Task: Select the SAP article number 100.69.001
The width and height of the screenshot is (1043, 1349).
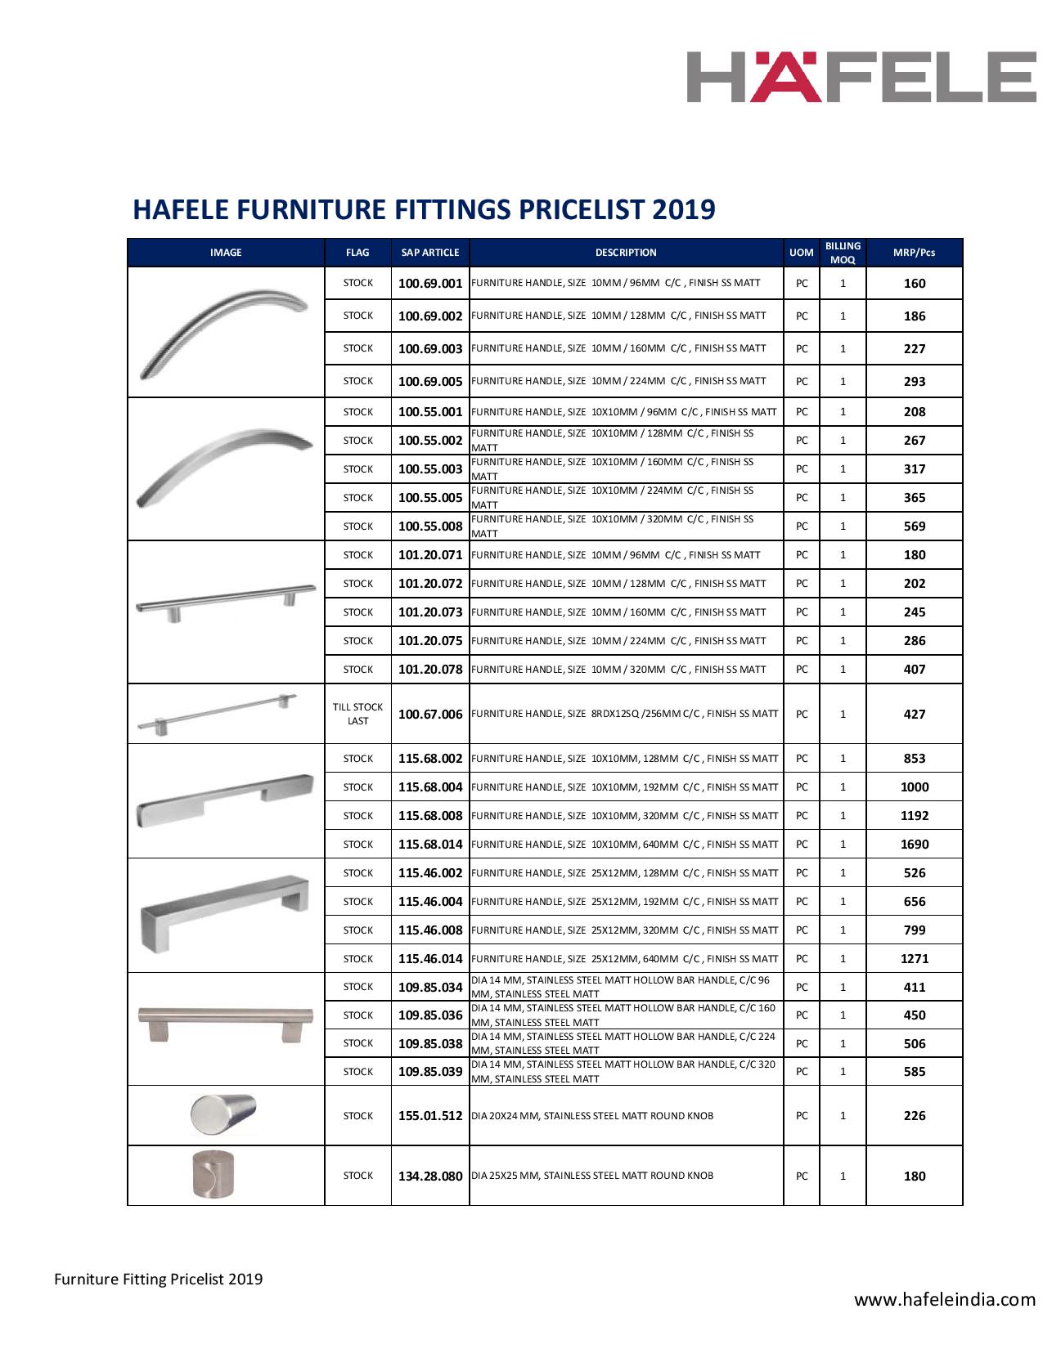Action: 430,284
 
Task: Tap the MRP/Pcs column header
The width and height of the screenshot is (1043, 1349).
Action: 914,253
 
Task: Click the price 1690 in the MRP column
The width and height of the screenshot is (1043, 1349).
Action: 914,845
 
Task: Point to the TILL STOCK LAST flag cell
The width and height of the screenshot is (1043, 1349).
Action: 357,714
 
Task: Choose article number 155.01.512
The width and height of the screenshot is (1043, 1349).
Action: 430,1116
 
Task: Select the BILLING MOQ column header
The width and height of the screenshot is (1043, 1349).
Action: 843,253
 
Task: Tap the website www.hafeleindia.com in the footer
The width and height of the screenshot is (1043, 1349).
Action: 945,1299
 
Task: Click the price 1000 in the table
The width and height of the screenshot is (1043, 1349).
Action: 914,787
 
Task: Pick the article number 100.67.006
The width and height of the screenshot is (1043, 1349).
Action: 430,714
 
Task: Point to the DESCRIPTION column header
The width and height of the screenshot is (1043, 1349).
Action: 626,253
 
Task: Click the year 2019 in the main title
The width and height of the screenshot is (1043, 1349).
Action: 683,209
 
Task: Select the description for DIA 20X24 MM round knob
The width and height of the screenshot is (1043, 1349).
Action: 592,1116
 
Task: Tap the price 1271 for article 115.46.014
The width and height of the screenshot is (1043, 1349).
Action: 914,959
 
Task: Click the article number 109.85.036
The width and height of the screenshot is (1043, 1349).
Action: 430,1015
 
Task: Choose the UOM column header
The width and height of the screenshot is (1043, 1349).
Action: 801,253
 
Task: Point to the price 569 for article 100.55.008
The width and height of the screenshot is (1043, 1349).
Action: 914,527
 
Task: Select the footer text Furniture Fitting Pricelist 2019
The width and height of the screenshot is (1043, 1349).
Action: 159,1279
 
